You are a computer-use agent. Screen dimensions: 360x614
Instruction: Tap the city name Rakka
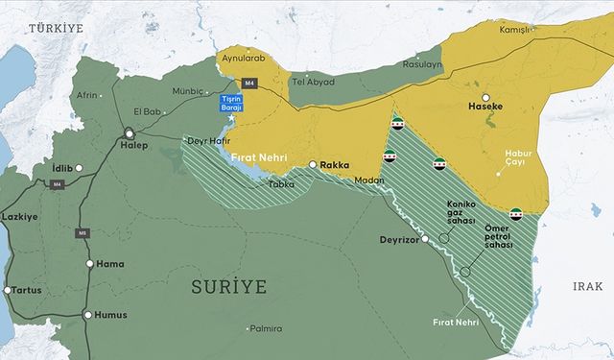tap(334, 164)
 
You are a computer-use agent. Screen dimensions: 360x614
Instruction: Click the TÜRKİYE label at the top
tap(57, 31)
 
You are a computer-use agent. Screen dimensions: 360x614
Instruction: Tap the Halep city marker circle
tap(129, 133)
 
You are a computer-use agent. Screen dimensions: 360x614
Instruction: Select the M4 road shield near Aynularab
tap(250, 83)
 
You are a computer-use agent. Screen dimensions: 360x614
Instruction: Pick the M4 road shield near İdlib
tap(57, 184)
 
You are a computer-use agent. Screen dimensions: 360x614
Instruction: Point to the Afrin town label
tap(88, 95)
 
